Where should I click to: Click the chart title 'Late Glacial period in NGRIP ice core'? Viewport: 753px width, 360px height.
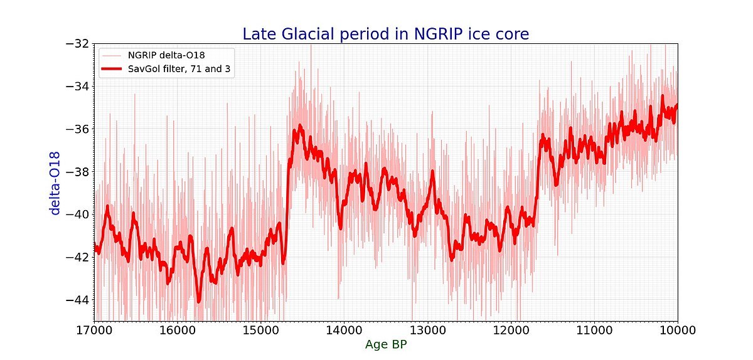[386, 34]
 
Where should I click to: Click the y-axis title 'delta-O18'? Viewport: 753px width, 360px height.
[55, 183]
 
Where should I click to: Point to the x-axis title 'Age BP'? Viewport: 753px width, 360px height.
[385, 344]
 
